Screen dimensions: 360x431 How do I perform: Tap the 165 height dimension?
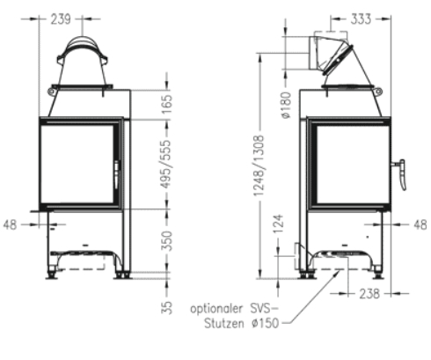click(x=168, y=103)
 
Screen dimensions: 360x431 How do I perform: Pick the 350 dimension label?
click(x=168, y=241)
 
